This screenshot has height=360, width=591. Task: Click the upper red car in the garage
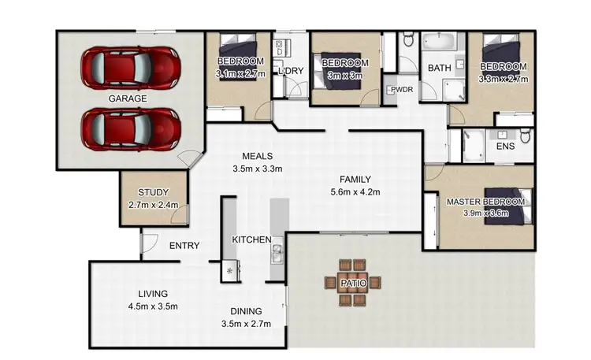[128, 69]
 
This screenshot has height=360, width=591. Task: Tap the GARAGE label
[128, 98]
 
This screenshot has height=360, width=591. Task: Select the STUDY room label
[153, 192]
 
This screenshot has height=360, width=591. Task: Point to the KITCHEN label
[251, 239]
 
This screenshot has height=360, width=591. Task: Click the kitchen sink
[277, 254]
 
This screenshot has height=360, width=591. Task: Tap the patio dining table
[351, 282]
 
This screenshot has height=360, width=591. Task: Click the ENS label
[504, 147]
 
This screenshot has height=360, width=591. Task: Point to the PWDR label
[401, 90]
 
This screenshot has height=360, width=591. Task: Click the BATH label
[439, 69]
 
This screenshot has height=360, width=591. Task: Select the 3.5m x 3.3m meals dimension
[258, 169]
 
